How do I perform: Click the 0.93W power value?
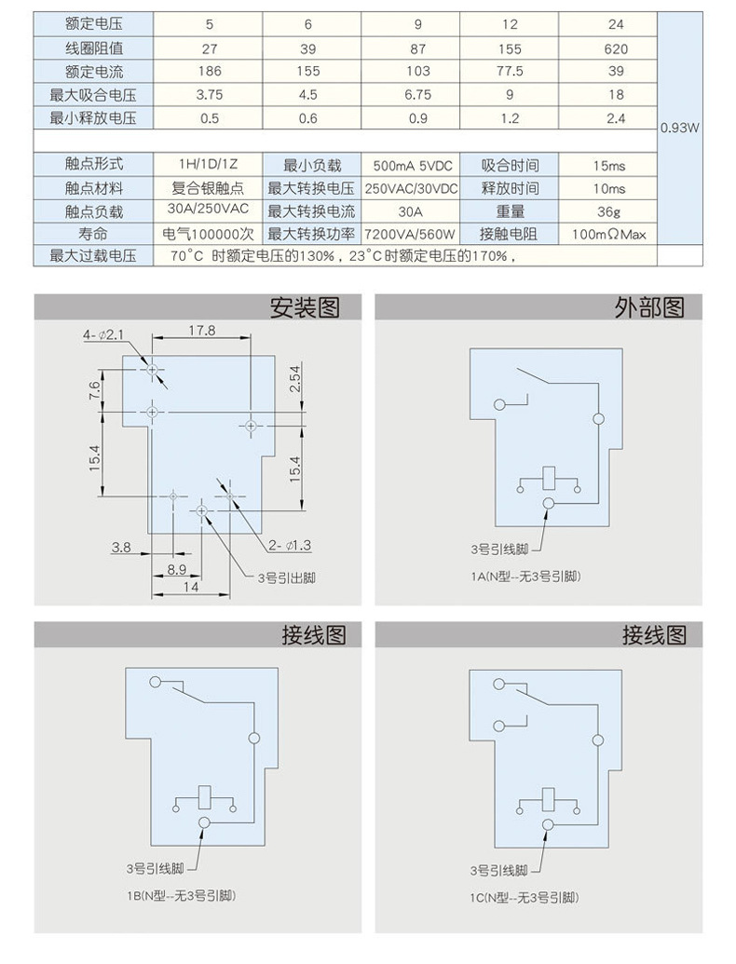point(679,129)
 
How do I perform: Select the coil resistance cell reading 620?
point(616,48)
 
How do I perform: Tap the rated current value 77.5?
point(510,71)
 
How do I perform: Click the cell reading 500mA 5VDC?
point(412,165)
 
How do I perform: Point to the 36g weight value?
point(610,211)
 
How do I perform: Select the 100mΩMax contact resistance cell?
point(609,234)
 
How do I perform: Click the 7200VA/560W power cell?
point(412,234)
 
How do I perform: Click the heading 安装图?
point(304,307)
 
